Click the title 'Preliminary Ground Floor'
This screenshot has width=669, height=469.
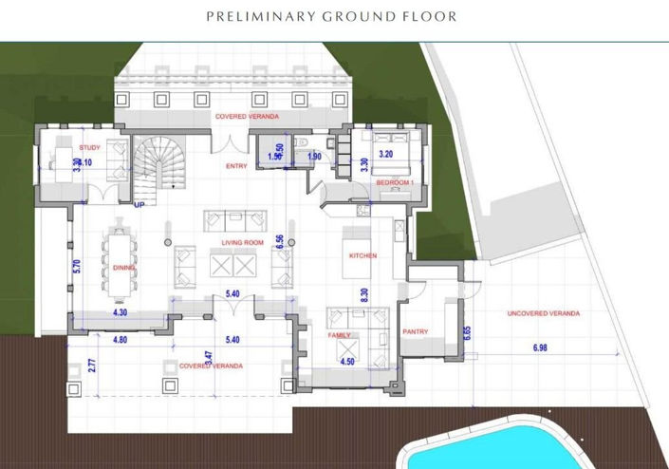pyautogui.click(x=331, y=16)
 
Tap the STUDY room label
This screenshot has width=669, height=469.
pyautogui.click(x=90, y=147)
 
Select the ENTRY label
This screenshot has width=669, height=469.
pyautogui.click(x=236, y=166)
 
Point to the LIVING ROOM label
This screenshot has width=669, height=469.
pyautogui.click(x=242, y=243)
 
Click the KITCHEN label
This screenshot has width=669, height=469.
pyautogui.click(x=362, y=255)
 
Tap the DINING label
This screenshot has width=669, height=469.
pyautogui.click(x=123, y=268)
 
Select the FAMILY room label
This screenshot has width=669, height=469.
pyautogui.click(x=340, y=335)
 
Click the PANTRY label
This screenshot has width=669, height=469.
pyautogui.click(x=415, y=331)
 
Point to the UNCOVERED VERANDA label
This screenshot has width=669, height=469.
pyautogui.click(x=544, y=313)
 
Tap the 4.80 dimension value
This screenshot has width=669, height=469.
pyautogui.click(x=121, y=339)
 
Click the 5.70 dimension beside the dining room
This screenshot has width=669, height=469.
pyautogui.click(x=77, y=267)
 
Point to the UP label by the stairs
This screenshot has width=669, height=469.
pyautogui.click(x=139, y=204)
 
